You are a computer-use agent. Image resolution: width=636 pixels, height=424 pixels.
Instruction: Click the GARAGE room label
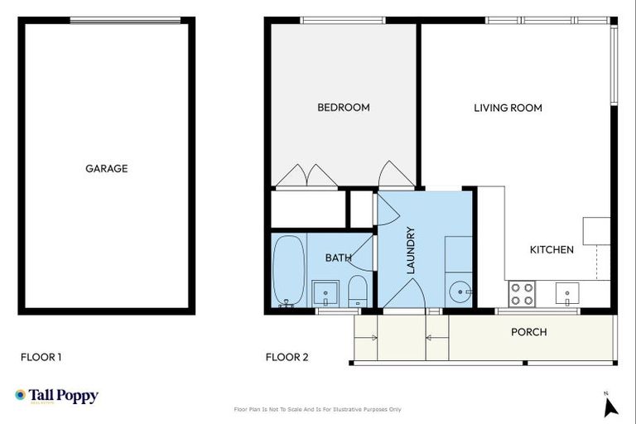coord(106,168)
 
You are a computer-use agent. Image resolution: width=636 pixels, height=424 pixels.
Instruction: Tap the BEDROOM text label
coord(343,108)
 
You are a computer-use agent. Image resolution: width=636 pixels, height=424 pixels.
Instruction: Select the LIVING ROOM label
coord(508,108)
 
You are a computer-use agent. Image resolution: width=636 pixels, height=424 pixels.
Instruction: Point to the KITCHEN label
coord(552,249)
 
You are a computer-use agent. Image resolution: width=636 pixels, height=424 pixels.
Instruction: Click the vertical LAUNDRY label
coord(410,250)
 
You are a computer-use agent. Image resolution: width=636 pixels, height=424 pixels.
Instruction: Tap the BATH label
coord(337,258)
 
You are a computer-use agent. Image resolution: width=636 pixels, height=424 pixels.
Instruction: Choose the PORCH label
coord(528,332)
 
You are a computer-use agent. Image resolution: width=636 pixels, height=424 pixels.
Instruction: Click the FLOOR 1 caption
coord(41,358)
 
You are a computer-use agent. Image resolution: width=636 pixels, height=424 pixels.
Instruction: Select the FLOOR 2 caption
coord(287,358)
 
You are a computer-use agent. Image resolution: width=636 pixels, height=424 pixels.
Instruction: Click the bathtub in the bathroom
coord(289,271)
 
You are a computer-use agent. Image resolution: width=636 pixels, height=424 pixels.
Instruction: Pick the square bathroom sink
coord(325,292)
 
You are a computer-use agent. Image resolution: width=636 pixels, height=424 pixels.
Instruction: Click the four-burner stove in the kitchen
coord(522,293)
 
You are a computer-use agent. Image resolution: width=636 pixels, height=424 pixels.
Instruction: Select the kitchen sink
coord(568,292)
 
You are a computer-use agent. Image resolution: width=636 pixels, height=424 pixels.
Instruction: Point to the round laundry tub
coord(460,291)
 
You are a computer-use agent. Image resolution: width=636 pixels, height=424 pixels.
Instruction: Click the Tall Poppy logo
coord(56,396)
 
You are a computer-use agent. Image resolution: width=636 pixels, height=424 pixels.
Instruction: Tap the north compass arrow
coord(611,406)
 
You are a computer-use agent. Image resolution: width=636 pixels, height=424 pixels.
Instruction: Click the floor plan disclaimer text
coord(318,409)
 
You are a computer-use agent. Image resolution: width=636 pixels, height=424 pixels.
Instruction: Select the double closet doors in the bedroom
coord(306,176)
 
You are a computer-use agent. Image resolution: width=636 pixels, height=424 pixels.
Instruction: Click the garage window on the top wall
coord(124,20)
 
